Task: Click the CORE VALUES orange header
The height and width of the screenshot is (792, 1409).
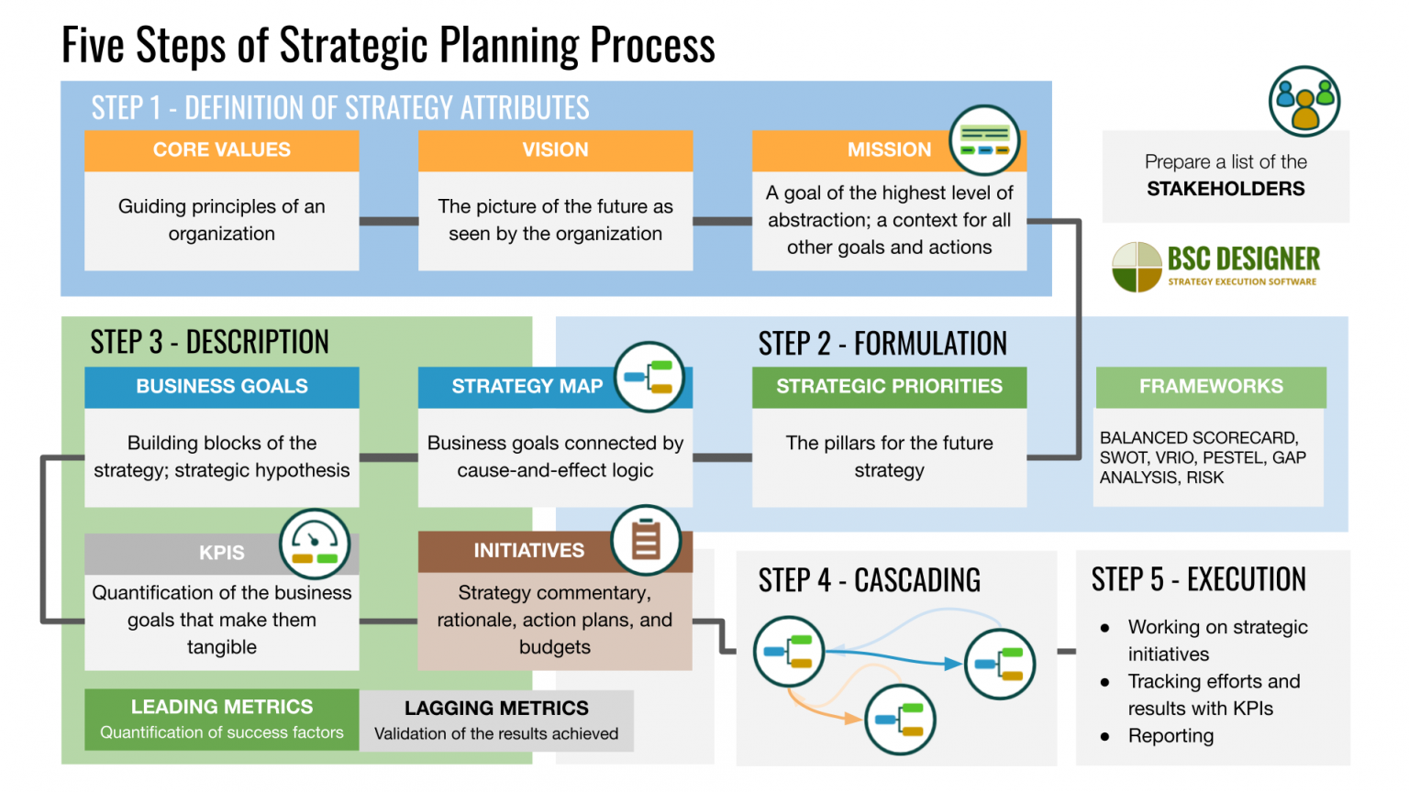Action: (x=221, y=150)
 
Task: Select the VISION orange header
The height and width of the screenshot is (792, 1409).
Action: (x=555, y=150)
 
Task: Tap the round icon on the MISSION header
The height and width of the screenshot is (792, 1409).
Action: (x=984, y=140)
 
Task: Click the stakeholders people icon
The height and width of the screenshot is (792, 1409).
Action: (x=1304, y=101)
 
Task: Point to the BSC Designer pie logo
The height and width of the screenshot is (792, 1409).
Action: (x=1137, y=267)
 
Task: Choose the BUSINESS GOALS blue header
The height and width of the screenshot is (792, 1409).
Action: (x=221, y=387)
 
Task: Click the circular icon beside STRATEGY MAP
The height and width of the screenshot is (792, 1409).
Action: (x=649, y=377)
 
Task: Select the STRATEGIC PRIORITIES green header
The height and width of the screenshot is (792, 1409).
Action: (x=889, y=387)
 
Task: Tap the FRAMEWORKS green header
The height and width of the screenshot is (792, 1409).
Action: (x=1211, y=387)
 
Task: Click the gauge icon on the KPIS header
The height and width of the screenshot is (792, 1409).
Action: (x=315, y=544)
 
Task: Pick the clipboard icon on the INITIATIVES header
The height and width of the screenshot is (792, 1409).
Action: (x=646, y=540)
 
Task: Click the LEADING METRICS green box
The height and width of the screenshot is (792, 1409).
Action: (x=221, y=719)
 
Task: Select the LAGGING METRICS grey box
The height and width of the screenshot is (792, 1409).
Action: (x=496, y=720)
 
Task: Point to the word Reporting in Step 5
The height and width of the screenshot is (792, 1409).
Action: (x=1170, y=736)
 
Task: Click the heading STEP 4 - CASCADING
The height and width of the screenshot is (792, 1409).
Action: (x=869, y=580)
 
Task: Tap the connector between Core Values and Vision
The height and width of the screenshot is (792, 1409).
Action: (x=388, y=221)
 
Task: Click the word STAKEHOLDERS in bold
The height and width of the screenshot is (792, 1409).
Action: (x=1226, y=189)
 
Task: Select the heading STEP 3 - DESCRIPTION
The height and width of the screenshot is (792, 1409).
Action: (x=209, y=342)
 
